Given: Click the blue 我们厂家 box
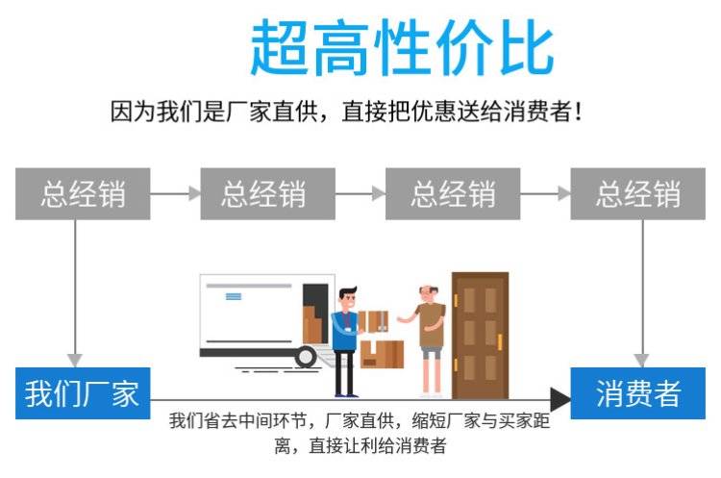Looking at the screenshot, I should tap(83, 393).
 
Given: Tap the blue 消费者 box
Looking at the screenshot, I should tap(637, 393).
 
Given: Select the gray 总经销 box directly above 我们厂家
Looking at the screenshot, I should tap(83, 193).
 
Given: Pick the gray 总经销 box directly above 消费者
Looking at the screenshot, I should tap(637, 193).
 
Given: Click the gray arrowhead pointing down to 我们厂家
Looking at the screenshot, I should tap(75, 358).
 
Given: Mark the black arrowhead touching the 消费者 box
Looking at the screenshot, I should tap(559, 396).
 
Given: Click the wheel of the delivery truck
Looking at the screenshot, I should tap(306, 357).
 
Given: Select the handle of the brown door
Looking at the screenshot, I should tap(500, 340).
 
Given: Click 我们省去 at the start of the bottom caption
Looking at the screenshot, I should tap(201, 421).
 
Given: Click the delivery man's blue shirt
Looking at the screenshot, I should tap(344, 331).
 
